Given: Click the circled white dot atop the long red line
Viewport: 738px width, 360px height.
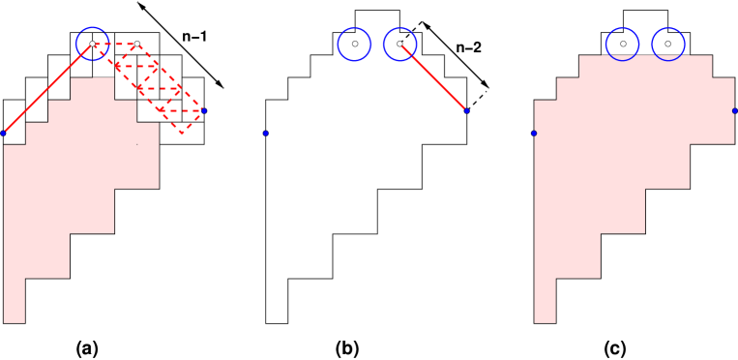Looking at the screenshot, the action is click(x=92, y=44).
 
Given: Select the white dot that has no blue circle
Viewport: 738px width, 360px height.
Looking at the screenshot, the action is click(x=137, y=44).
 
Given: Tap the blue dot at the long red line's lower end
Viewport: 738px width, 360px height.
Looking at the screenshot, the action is click(x=4, y=133).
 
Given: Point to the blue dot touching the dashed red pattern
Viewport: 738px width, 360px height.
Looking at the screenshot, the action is click(x=203, y=110).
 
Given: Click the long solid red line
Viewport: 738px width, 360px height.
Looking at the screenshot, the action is click(x=48, y=88).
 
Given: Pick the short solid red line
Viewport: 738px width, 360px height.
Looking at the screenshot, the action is click(x=433, y=77).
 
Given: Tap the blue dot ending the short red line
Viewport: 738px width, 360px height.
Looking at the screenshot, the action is click(x=466, y=110).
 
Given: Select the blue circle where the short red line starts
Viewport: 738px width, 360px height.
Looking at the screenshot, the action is click(x=399, y=44).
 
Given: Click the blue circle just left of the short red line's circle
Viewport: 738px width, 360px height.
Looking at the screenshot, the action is click(x=354, y=44).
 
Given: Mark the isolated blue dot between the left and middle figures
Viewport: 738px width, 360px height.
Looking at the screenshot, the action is click(x=265, y=133).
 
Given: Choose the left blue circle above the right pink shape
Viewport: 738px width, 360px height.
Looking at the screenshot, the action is click(x=622, y=44).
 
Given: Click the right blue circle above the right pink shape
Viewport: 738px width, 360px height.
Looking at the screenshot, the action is click(x=667, y=44).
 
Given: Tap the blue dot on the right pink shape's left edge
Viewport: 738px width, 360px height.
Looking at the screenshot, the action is click(x=534, y=133).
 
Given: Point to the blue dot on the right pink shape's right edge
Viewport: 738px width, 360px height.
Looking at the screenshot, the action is click(x=734, y=110).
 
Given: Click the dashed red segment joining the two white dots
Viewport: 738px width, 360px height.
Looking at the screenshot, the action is click(x=114, y=44).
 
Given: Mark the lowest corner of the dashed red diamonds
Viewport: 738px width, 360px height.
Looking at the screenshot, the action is click(x=181, y=133).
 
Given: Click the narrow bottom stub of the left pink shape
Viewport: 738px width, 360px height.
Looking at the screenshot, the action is click(x=14, y=300).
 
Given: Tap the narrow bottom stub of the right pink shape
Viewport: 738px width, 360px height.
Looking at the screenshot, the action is click(x=545, y=300).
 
